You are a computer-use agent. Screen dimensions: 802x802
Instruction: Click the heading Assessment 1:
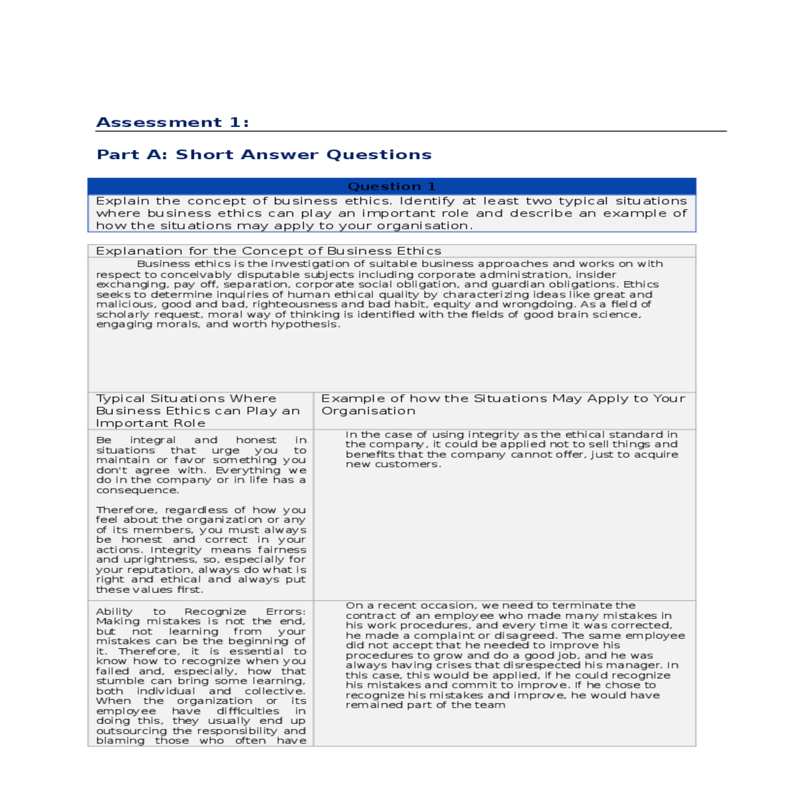coord(172,122)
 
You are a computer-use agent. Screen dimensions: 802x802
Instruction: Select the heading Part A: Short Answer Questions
coord(264,154)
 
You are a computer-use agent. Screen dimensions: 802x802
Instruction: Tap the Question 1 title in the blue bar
coord(392,186)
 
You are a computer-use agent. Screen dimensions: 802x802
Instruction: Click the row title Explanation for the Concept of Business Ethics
coord(268,251)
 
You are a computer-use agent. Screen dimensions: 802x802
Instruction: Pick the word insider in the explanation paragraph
coord(594,275)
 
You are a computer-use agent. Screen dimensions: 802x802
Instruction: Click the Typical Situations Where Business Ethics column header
coord(198,410)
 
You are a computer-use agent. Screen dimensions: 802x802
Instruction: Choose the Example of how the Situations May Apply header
coord(503,404)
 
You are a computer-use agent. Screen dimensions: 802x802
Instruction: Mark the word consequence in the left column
coord(137,490)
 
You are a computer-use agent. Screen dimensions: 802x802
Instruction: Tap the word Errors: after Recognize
coord(285,612)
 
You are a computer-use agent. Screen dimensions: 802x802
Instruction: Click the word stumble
coord(116,681)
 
